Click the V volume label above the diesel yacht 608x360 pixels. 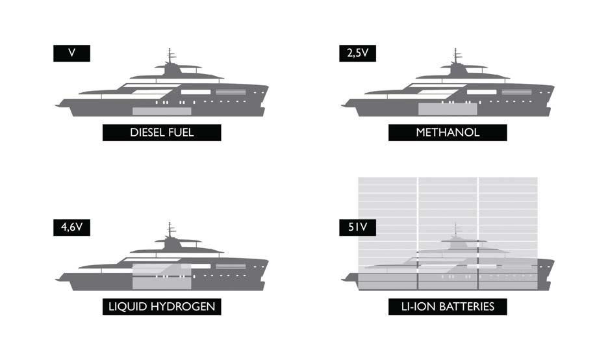pyautogui.click(x=71, y=53)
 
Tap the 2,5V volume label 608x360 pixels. pyautogui.click(x=357, y=53)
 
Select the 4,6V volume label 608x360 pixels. pyautogui.click(x=71, y=227)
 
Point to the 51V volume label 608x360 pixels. pyautogui.click(x=357, y=227)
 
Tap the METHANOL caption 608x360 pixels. pyautogui.click(x=448, y=133)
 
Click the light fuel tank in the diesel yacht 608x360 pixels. pyautogui.click(x=162, y=111)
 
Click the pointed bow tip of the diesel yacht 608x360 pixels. pyautogui.click(x=267, y=86)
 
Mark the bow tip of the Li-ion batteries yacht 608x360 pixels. pyautogui.click(x=553, y=261)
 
